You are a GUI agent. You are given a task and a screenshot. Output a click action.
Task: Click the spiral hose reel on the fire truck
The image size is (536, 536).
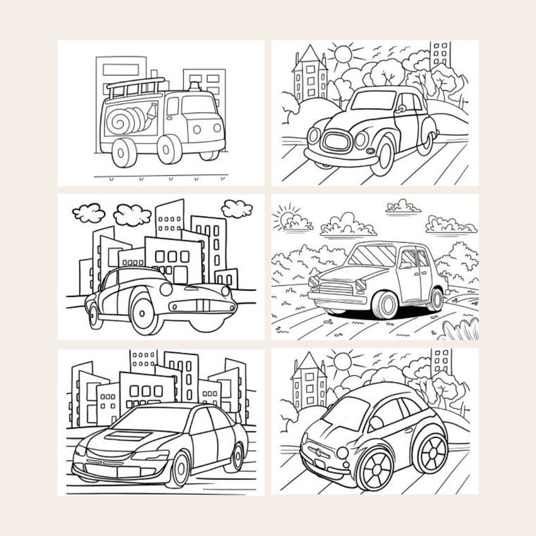click(x=124, y=121)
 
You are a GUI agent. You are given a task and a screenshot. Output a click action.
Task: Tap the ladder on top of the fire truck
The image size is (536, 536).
click(x=136, y=88)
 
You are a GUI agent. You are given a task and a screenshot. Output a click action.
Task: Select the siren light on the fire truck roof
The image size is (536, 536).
click(x=194, y=87)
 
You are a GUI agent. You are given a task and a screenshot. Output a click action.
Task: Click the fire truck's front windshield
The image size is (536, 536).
click(x=198, y=105)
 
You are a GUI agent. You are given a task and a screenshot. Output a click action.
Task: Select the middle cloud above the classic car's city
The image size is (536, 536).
click(x=131, y=215)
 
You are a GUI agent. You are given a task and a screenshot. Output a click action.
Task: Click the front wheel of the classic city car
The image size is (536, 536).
click(x=147, y=312)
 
